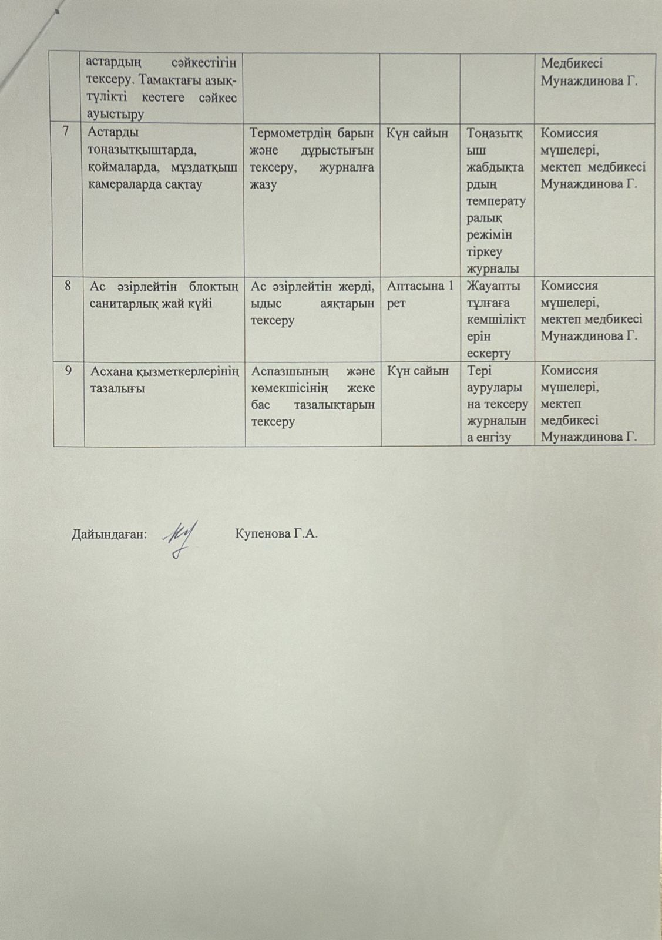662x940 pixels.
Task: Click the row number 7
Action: [x=69, y=133]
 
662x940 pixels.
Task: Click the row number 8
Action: [x=69, y=286]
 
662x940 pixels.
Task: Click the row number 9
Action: [x=69, y=371]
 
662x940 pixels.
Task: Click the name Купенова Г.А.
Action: [x=276, y=534]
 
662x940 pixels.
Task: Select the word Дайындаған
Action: [x=109, y=535]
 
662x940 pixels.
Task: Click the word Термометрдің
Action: [x=294, y=133]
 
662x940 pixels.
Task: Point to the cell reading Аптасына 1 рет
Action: [x=419, y=294]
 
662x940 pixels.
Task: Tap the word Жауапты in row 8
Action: [x=488, y=286]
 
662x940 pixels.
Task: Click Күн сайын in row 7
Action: [x=417, y=133]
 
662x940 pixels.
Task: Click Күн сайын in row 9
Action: [x=417, y=371]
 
